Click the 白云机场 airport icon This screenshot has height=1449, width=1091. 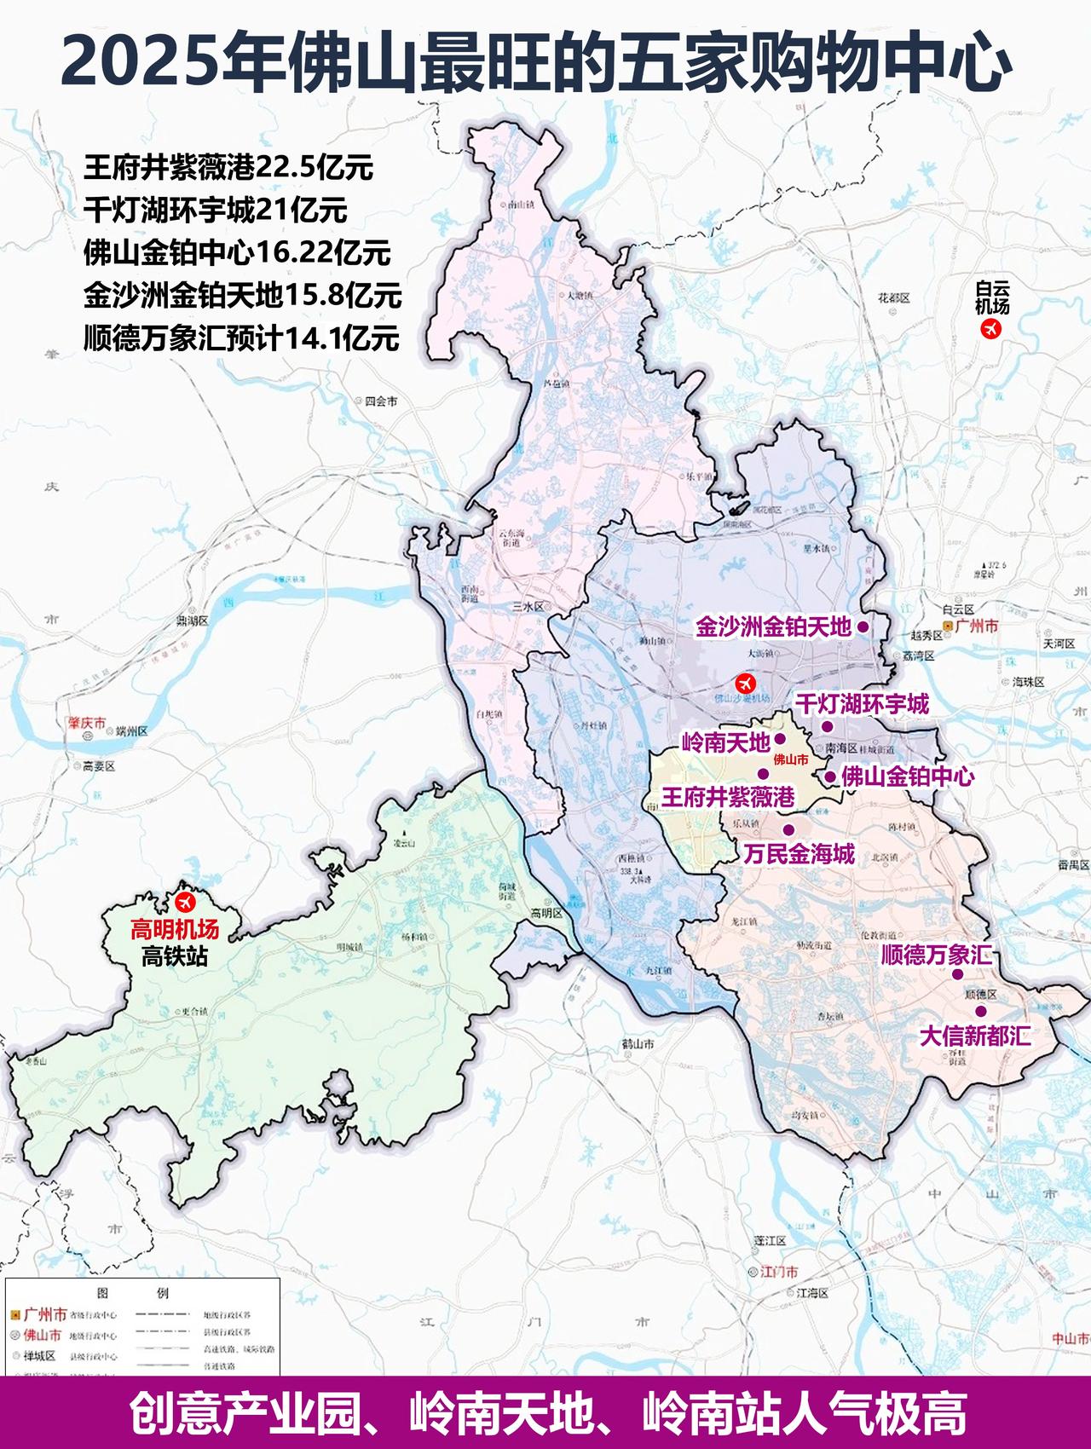pos(990,330)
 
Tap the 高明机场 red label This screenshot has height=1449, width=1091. pos(175,929)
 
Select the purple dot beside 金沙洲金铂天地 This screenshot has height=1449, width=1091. pos(863,626)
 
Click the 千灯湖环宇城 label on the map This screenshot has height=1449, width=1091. pos(862,704)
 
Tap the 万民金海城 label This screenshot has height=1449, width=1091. pos(798,853)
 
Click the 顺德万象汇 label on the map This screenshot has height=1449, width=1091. pos(936,954)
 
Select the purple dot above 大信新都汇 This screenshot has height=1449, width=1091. pos(980,1012)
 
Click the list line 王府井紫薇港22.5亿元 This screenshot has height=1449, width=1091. pos(228,167)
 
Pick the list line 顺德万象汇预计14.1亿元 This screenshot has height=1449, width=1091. pos(241,338)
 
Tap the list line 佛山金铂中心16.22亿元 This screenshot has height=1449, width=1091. pos(237,252)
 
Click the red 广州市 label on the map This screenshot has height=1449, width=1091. pos(976,626)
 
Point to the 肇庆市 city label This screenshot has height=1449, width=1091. pos(88,724)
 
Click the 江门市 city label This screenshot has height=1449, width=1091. pos(779,1272)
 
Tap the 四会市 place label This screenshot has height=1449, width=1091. pos(380,401)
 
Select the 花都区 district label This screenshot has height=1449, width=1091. pos(894,298)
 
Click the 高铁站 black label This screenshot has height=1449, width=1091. pos(175,955)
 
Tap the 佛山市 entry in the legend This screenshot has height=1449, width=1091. pos(42,1335)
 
